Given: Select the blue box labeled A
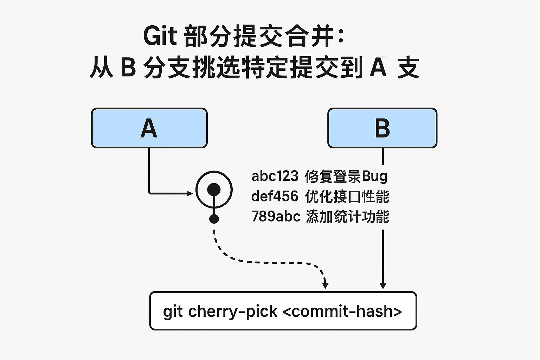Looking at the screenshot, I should point(149,128).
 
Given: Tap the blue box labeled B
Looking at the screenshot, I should point(382,128).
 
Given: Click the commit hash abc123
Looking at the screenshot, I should point(275,176).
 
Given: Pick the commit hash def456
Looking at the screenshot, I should point(275,196).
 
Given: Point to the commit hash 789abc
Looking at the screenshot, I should point(276,216).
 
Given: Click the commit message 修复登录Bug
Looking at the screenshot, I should point(346,176).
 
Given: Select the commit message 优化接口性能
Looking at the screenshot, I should point(347,196).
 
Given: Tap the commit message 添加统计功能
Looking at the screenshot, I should point(347,216).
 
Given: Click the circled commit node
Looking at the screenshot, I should point(214,190).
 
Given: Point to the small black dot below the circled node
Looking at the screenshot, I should point(214,219).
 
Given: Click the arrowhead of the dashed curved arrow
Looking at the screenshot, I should point(325,285).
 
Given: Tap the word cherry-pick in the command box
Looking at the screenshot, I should point(233,311).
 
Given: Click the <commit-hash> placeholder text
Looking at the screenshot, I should point(342,311).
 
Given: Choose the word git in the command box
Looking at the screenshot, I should point(173,312).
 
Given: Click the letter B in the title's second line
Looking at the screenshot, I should point(128,67).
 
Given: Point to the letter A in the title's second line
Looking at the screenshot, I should point(378,67).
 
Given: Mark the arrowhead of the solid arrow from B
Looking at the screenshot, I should point(383,285).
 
